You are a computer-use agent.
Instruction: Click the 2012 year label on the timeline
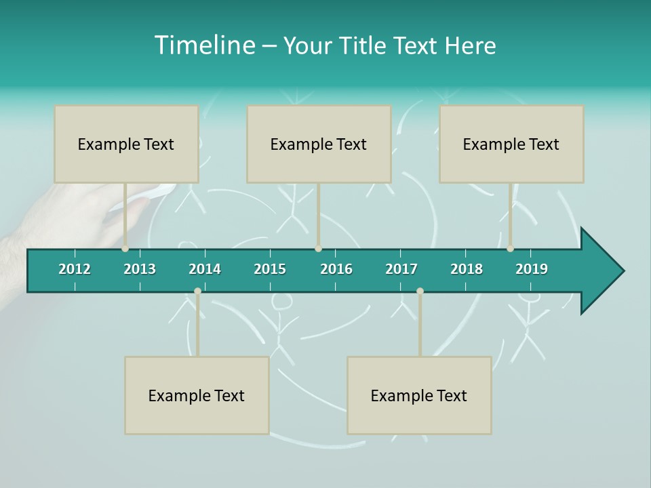(x=75, y=269)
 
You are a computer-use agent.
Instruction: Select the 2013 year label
(x=140, y=269)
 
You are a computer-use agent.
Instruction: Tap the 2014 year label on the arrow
(x=205, y=269)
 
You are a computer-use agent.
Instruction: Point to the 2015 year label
(x=270, y=269)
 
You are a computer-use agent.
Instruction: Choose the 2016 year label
(x=336, y=269)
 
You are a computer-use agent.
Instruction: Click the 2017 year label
(x=401, y=269)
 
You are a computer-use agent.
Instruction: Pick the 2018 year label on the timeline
(x=467, y=269)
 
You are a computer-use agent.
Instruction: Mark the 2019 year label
(x=532, y=269)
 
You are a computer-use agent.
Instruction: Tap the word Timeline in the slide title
(x=203, y=45)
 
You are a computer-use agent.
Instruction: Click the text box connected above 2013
(x=126, y=144)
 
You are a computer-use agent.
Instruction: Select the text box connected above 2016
(x=319, y=144)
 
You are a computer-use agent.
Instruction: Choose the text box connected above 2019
(x=511, y=144)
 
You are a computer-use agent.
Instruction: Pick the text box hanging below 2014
(x=197, y=395)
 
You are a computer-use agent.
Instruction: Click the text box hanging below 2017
(x=419, y=395)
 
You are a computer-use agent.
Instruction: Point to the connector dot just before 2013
(x=125, y=249)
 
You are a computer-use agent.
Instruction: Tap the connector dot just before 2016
(x=318, y=249)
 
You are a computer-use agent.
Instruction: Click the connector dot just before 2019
(x=511, y=249)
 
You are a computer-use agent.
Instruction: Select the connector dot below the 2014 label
(x=197, y=291)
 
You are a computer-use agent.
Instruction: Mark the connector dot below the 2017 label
(x=420, y=291)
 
